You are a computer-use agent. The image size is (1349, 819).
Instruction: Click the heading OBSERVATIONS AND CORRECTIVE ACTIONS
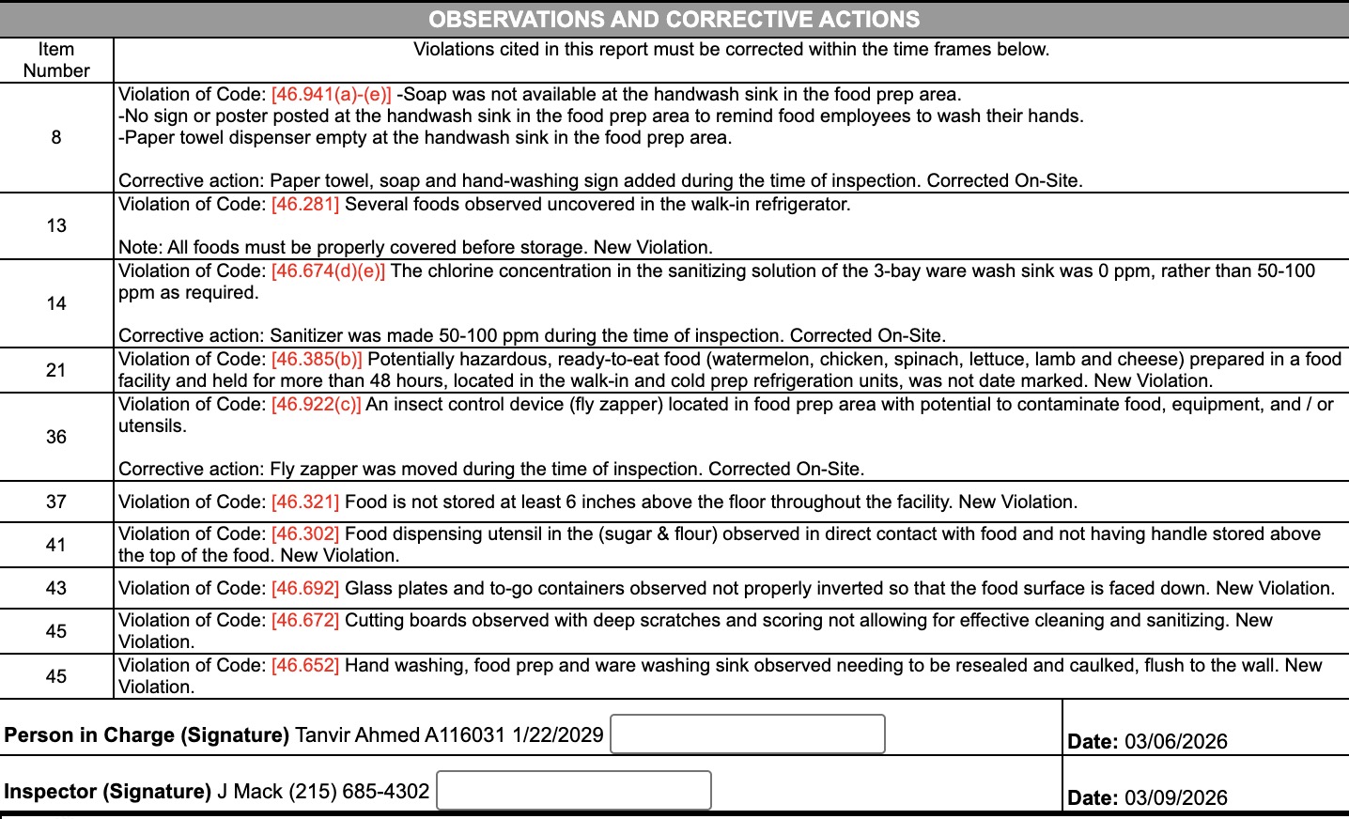[x=674, y=19]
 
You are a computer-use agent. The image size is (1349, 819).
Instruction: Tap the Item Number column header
[x=56, y=60]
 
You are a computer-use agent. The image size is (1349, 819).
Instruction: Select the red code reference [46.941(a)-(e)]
[x=332, y=94]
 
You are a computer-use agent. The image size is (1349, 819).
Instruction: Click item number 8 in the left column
[x=56, y=137]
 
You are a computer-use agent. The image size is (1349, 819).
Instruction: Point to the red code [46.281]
[x=305, y=204]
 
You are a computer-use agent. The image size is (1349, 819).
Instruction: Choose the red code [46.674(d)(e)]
[x=329, y=270]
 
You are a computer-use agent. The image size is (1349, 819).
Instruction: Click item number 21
[x=56, y=370]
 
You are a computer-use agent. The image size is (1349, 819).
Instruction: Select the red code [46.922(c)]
[x=317, y=404]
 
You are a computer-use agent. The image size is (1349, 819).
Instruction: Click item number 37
[x=56, y=502]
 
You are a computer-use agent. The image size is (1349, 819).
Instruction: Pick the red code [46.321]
[x=305, y=502]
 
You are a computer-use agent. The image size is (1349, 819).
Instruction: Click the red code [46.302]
[x=305, y=533]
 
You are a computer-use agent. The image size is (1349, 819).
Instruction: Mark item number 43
[x=56, y=588]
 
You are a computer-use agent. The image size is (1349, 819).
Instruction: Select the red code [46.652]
[x=305, y=665]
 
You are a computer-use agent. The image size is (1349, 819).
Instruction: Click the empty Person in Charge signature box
[x=748, y=734]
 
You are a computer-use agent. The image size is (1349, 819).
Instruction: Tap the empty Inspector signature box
[x=574, y=790]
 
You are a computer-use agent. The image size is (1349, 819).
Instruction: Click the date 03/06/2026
[x=1175, y=741]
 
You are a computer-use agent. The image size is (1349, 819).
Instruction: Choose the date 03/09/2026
[x=1175, y=797]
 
